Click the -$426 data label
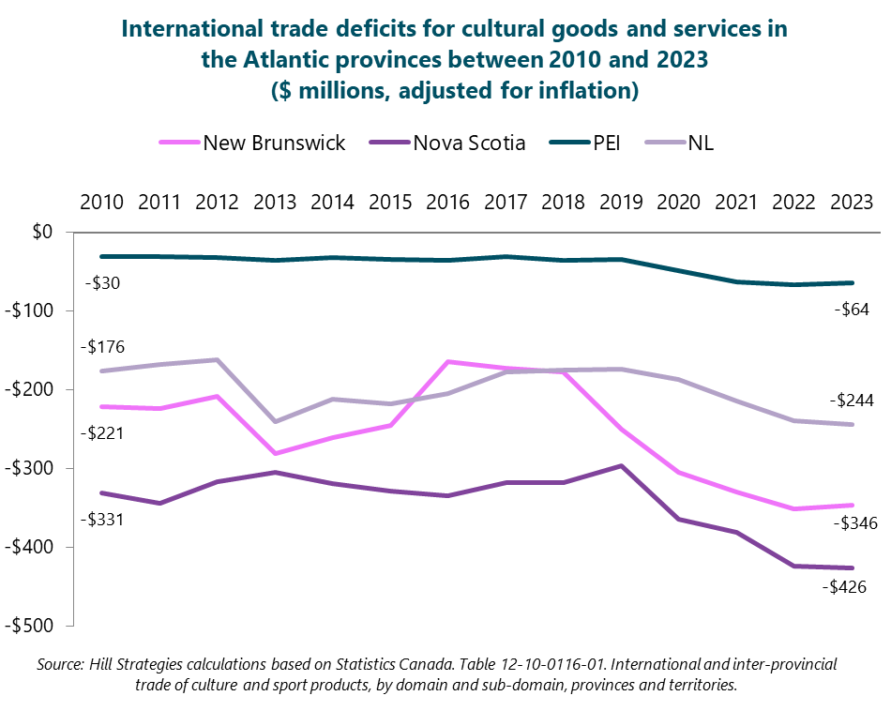tap(843, 587)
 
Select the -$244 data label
tap(851, 401)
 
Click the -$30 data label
tap(102, 282)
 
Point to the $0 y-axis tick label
tap(43, 232)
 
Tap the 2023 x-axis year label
tap(851, 202)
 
